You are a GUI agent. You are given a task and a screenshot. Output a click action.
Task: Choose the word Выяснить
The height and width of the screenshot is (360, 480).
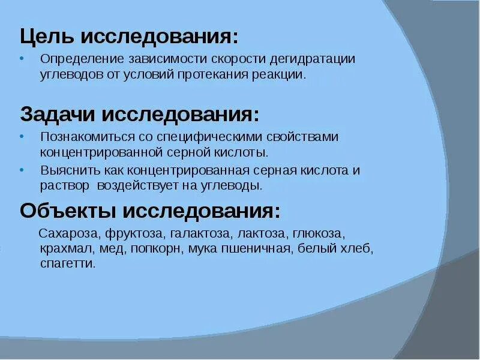coord(64,170)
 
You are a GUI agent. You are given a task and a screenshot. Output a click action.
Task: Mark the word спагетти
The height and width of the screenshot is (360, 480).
coord(67,263)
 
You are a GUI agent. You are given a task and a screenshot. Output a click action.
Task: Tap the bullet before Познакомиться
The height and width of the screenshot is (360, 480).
coord(22,136)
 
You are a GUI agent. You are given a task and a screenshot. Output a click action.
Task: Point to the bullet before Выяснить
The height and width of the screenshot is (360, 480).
coord(22,169)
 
